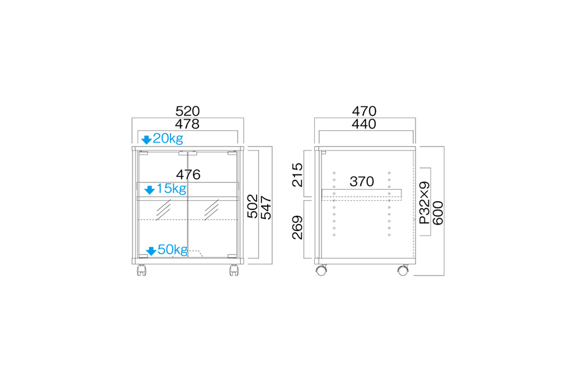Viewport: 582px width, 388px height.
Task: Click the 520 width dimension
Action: point(187,111)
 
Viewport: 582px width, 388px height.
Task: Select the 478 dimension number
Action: point(187,124)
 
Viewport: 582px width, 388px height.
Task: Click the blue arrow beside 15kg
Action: point(150,190)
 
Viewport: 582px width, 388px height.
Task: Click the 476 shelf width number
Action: point(188,175)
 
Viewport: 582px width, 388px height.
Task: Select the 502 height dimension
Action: point(253,207)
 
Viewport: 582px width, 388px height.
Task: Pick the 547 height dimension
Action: point(266,208)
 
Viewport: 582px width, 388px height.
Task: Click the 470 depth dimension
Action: point(364,111)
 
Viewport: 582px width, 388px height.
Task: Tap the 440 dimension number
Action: point(364,124)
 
